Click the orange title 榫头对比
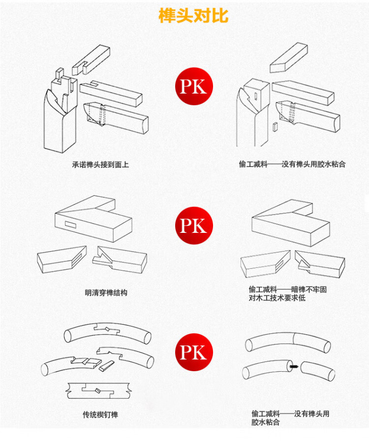(x=193, y=15)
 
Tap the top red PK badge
(x=194, y=86)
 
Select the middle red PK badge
(x=194, y=225)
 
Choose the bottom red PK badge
(x=194, y=352)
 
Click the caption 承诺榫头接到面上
(x=100, y=165)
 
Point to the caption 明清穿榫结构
(x=106, y=293)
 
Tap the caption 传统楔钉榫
(x=100, y=415)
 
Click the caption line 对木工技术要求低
(x=277, y=298)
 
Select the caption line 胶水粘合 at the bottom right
(x=265, y=422)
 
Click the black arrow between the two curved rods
(x=293, y=366)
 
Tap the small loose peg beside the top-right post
(x=275, y=127)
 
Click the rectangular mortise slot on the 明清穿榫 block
(x=70, y=225)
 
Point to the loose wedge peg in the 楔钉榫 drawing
(x=107, y=366)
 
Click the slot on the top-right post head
(x=255, y=96)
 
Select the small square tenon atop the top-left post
(x=60, y=74)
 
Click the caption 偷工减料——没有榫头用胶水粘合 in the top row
(x=292, y=164)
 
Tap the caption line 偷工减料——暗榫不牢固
(x=287, y=289)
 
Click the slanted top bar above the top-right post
(x=289, y=58)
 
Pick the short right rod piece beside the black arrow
(x=317, y=371)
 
